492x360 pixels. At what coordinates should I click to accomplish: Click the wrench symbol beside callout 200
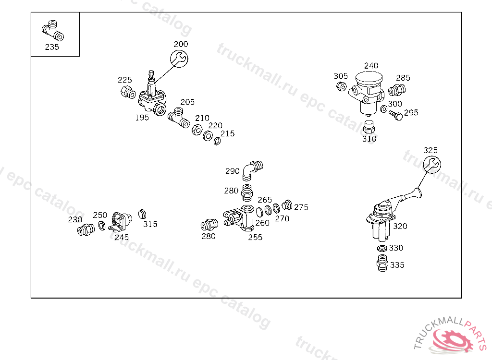(x=179, y=59)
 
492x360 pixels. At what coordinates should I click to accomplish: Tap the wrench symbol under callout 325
(x=431, y=164)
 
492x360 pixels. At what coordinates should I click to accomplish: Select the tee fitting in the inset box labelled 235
(x=52, y=31)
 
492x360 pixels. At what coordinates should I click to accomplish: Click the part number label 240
(x=371, y=66)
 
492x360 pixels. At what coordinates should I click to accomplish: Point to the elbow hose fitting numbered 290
(x=252, y=169)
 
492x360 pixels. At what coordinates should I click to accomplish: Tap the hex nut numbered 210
(x=197, y=130)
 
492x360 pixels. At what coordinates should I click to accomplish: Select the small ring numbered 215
(x=217, y=141)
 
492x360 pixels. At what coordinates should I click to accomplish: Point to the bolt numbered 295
(x=395, y=116)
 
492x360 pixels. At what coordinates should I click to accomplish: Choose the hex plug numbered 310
(x=369, y=127)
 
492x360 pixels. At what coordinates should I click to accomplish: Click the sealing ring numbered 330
(x=382, y=249)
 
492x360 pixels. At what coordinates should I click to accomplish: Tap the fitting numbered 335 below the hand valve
(x=382, y=263)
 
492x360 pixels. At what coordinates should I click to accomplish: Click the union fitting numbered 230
(x=86, y=230)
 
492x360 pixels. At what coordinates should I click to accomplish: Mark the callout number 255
(x=255, y=237)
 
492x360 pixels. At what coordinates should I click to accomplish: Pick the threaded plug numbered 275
(x=287, y=205)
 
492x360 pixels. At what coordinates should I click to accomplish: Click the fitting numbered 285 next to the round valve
(x=396, y=90)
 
